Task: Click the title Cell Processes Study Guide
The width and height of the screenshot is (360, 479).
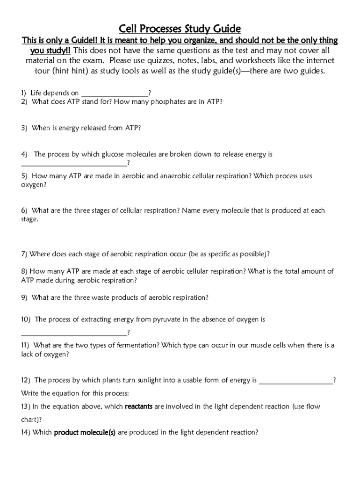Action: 180,29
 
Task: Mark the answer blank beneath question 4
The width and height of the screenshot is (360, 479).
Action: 74,164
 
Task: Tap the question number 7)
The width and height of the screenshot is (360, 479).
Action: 24,254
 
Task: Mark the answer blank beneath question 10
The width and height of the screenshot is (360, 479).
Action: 74,333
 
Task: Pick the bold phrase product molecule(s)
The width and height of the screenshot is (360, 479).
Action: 85,433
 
